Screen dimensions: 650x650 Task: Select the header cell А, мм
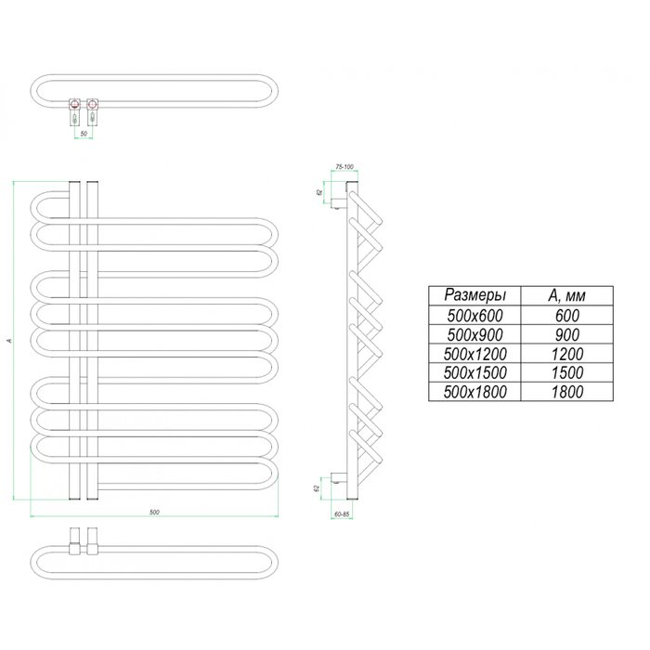click(566, 295)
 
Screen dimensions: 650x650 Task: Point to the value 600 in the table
click(566, 315)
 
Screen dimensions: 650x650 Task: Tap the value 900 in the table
click(566, 334)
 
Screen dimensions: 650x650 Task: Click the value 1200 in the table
click(566, 354)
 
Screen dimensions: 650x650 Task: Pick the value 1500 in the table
click(566, 373)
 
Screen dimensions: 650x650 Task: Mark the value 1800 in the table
click(566, 393)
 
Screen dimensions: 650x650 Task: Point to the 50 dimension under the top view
click(84, 135)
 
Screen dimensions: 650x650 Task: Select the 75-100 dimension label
click(344, 166)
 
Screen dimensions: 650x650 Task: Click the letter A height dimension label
click(8, 342)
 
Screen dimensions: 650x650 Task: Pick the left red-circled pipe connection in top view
click(73, 99)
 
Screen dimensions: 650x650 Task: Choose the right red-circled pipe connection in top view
click(93, 99)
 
